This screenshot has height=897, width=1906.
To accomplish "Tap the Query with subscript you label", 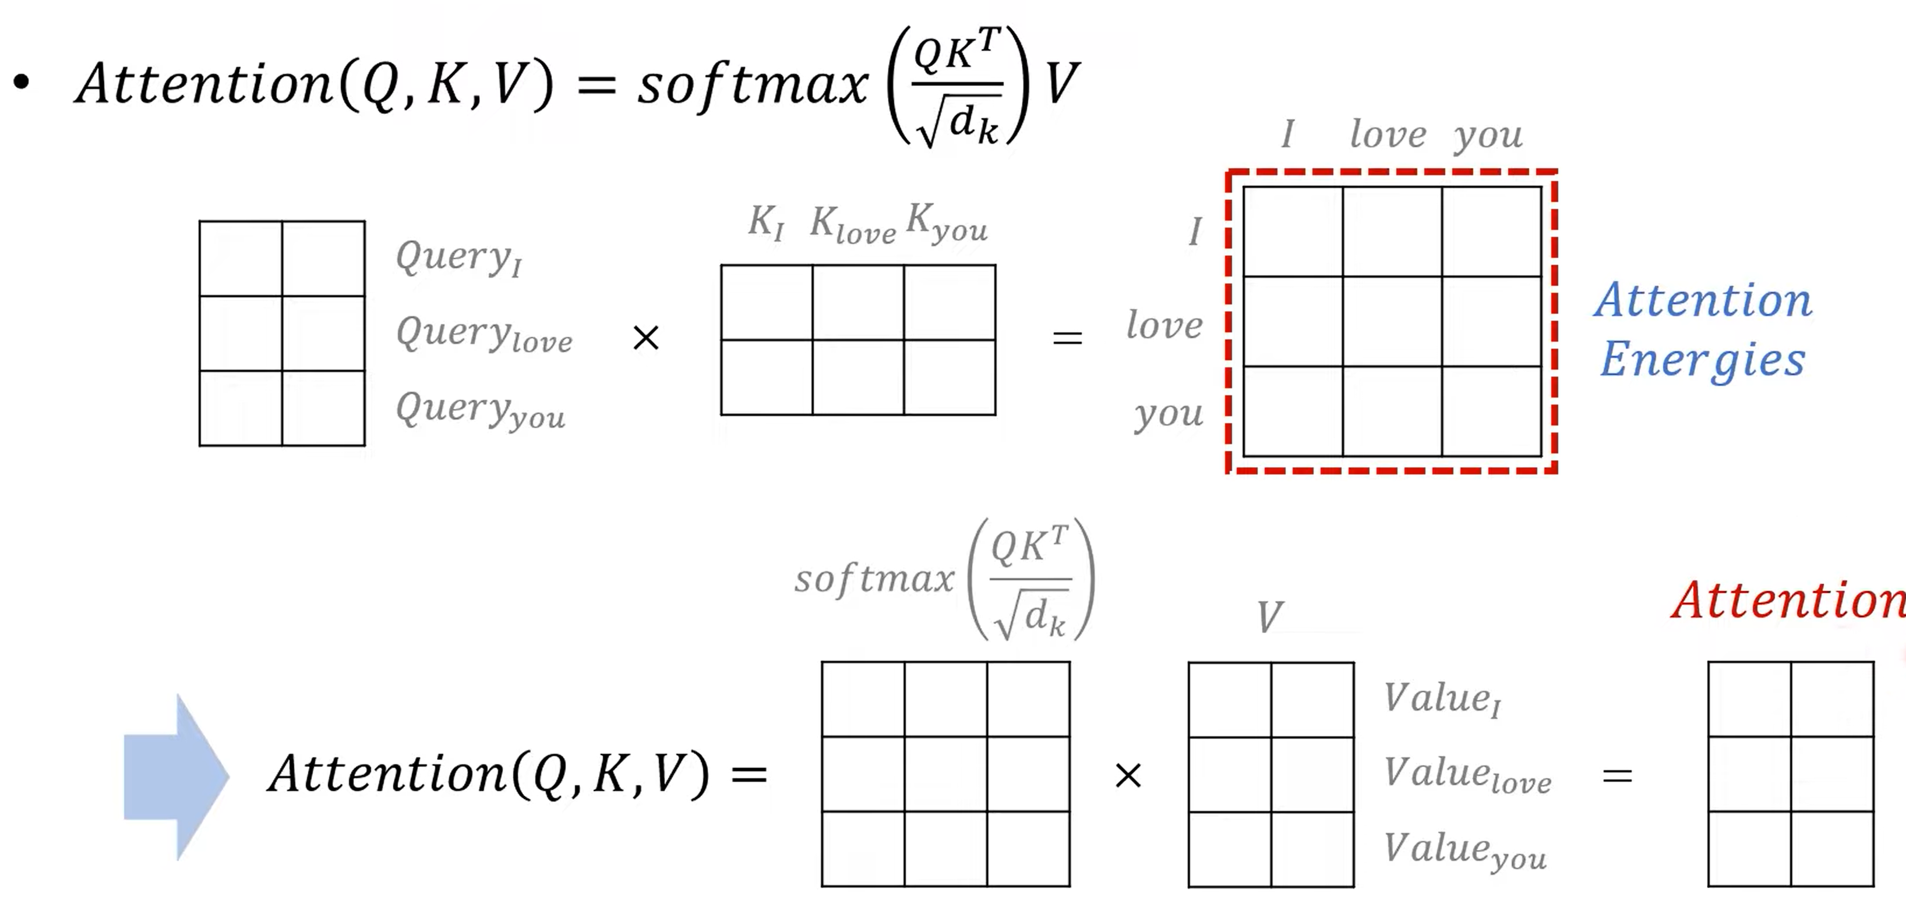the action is tap(480, 410).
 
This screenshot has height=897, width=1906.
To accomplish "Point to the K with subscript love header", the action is tap(852, 224).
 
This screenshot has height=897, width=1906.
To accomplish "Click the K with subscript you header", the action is tap(947, 222).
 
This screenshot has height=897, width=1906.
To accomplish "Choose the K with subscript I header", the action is tap(765, 222).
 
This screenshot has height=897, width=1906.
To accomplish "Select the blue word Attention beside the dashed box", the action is tap(1703, 300).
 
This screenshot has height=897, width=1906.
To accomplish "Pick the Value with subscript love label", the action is tap(1467, 774).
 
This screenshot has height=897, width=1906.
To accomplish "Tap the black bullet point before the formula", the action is tap(22, 82).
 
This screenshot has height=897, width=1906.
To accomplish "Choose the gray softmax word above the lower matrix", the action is tap(874, 578).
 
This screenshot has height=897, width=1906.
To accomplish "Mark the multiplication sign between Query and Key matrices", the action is tap(646, 339).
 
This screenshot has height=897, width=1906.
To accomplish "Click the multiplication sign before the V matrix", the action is tap(1128, 776).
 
